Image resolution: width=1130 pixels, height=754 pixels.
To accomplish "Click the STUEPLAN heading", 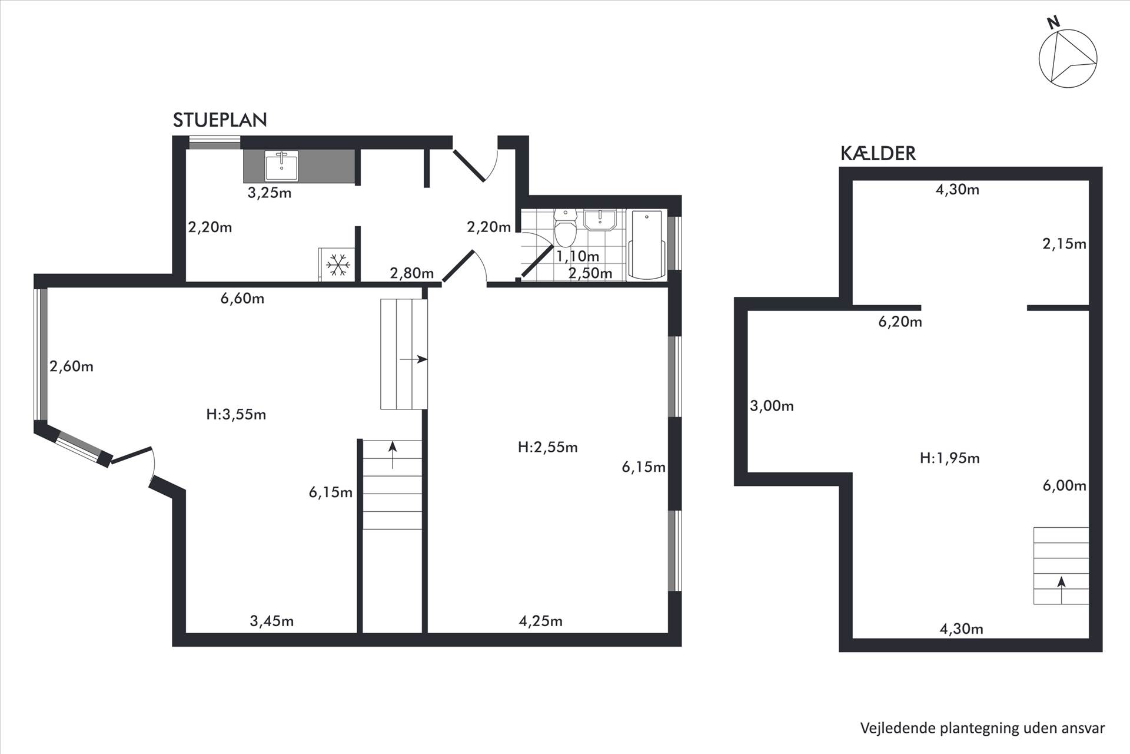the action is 220,120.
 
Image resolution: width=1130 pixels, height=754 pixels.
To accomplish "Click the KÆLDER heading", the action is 878,153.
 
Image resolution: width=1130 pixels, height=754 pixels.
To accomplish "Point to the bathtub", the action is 647,243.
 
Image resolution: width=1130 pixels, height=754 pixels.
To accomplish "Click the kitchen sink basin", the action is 281,166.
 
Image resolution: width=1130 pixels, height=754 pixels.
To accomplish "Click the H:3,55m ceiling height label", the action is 236,415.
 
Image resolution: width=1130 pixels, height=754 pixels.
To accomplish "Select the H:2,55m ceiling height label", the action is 547,448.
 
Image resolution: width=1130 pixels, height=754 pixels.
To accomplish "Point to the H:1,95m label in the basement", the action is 949,458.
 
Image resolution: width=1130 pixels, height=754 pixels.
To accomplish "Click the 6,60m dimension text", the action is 242,299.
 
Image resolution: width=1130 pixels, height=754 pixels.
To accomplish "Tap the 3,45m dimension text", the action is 272,621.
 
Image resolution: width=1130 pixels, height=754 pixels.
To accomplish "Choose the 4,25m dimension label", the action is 540,621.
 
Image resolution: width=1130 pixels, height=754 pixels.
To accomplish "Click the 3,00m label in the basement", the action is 772,406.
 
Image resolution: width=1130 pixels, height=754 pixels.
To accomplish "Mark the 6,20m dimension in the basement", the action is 900,322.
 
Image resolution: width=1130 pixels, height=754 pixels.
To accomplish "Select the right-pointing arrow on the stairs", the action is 413,359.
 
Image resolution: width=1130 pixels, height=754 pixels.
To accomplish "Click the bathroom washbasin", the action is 600,220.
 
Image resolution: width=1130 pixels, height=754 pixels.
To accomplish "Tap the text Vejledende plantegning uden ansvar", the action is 982,728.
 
